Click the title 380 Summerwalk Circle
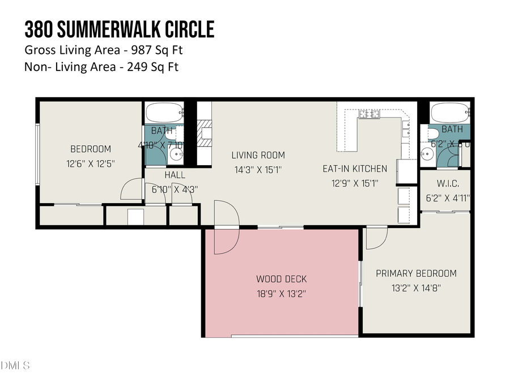[119, 29]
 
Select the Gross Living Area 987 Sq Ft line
[104, 50]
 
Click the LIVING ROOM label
[258, 155]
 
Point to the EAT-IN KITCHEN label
[355, 169]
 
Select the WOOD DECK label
[282, 279]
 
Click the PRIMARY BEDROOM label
[416, 273]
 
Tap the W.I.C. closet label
[448, 184]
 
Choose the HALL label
[175, 175]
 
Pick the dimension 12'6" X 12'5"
[91, 163]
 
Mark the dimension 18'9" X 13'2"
[282, 293]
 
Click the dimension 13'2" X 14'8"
[416, 288]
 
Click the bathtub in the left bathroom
[164, 111]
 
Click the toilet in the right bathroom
[432, 134]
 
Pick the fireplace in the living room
[204, 133]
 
